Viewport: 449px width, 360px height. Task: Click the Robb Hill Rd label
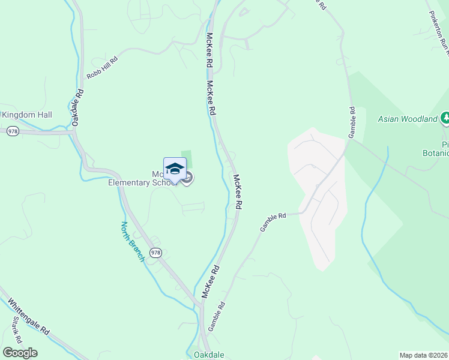(x=102, y=66)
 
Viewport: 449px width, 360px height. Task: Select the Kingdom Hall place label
(x=27, y=115)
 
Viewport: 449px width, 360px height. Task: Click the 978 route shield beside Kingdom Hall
(x=13, y=131)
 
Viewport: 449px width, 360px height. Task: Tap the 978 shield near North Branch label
(x=155, y=253)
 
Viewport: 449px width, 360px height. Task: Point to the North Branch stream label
(x=133, y=241)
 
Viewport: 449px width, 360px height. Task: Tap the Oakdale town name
(x=209, y=355)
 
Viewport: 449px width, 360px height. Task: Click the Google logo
(x=20, y=353)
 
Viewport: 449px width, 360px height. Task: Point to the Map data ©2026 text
(x=423, y=355)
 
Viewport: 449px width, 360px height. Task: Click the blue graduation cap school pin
(x=175, y=169)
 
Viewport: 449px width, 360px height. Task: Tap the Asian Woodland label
(x=408, y=119)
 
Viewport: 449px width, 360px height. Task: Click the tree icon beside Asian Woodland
(x=445, y=118)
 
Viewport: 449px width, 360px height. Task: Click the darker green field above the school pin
(x=187, y=157)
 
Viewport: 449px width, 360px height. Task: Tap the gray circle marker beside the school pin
(x=188, y=178)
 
